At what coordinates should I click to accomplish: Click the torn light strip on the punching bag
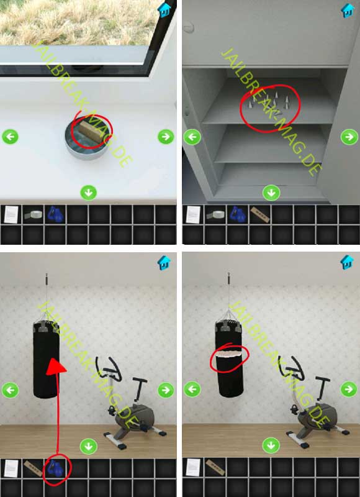[x=229, y=354]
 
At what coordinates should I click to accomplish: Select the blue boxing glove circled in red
[x=55, y=468]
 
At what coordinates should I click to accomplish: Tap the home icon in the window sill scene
[x=164, y=10]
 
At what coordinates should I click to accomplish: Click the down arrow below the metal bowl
[x=88, y=193]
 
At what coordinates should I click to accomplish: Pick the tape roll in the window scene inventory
[x=34, y=214]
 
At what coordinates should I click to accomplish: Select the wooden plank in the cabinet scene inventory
[x=259, y=214]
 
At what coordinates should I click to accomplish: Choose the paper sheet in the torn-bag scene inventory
[x=193, y=468]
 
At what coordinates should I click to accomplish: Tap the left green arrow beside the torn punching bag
[x=192, y=390]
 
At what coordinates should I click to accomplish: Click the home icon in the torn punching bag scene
[x=347, y=262]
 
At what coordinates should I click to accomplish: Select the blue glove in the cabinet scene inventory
[x=238, y=214]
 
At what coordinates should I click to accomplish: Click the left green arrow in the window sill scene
[x=10, y=137]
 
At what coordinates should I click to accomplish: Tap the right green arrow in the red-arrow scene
[x=166, y=390]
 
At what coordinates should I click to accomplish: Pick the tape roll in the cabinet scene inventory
[x=215, y=214]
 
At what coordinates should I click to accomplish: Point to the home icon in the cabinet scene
[x=347, y=10]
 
